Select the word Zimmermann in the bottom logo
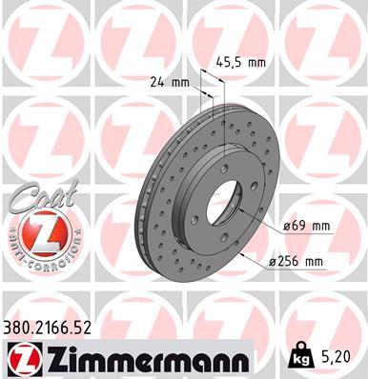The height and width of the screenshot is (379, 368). pos(143,359)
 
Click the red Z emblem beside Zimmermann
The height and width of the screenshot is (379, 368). pos(21,359)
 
